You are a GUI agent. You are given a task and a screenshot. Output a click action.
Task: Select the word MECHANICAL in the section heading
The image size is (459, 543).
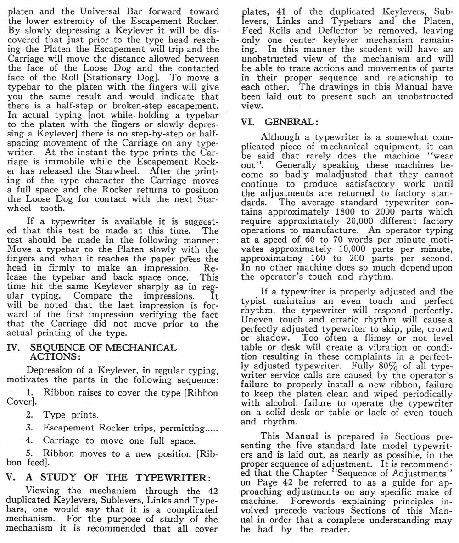click(141, 348)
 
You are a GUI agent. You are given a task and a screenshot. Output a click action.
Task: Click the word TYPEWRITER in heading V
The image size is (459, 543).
click(168, 477)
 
